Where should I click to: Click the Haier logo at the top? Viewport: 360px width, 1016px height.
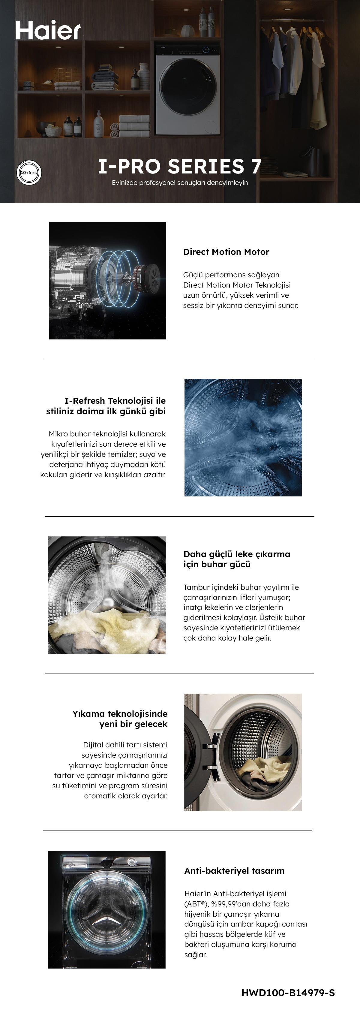(48, 30)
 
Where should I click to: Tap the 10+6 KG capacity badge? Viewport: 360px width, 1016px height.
(29, 172)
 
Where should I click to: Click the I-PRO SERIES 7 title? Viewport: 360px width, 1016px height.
(179, 167)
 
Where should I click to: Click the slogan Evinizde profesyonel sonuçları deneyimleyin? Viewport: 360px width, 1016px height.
(180, 183)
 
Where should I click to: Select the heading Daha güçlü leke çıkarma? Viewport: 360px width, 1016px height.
(237, 554)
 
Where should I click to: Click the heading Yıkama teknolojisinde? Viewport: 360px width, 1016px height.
(120, 713)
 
